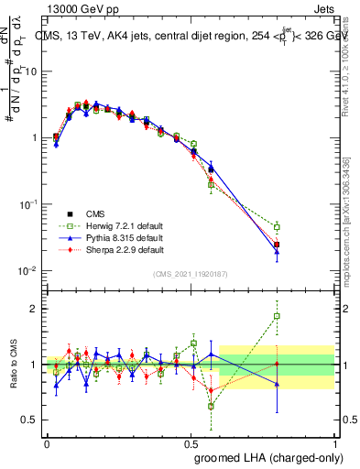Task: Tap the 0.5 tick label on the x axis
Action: pyautogui.click(x=191, y=442)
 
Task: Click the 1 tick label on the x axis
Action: pyautogui.click(x=334, y=442)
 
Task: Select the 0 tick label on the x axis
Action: pyautogui.click(x=47, y=442)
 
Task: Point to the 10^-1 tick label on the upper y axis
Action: pyautogui.click(x=28, y=204)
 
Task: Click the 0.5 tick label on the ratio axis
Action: pyautogui.click(x=31, y=420)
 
